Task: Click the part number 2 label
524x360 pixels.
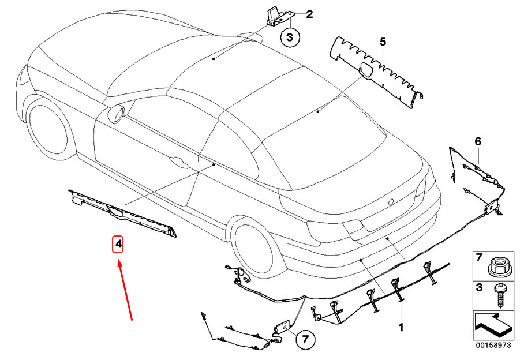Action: pos(309,14)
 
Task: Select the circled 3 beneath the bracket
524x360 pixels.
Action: pos(290,38)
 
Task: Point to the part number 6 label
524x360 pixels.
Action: pos(478,141)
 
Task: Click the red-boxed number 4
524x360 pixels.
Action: pos(118,244)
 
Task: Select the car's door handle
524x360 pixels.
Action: pos(178,162)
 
